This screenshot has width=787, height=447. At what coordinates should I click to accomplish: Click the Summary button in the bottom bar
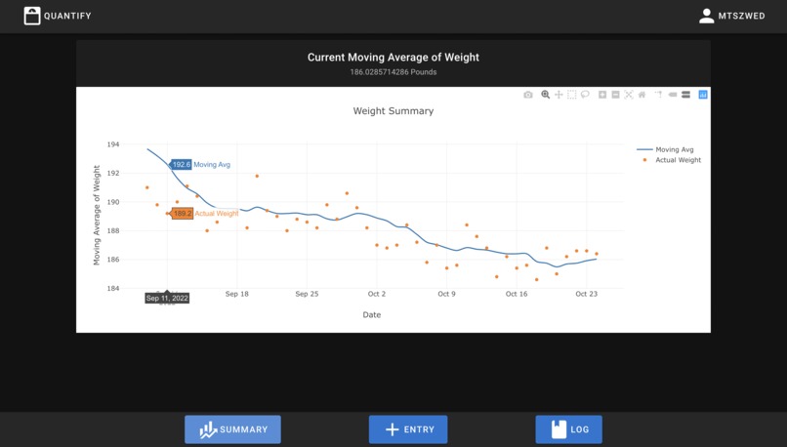(x=232, y=429)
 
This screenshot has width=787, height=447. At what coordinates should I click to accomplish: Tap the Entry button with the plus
(x=407, y=429)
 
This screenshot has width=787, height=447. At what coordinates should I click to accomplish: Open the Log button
(x=568, y=429)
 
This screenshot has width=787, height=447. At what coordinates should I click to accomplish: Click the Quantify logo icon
(x=32, y=16)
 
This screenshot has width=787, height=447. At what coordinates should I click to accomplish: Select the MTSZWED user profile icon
(x=707, y=16)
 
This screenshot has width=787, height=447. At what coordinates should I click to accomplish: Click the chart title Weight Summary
(x=393, y=111)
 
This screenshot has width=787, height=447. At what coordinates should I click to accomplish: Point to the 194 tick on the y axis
(x=113, y=144)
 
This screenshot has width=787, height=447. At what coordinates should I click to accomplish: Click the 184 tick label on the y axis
(x=113, y=289)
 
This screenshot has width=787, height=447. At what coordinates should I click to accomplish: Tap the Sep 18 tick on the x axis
(x=237, y=294)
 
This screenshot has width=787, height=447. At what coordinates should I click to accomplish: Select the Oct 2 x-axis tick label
(x=377, y=294)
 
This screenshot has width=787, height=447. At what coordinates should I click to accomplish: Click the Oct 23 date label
(x=586, y=294)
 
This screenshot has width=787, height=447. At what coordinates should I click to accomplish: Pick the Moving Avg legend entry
(x=674, y=149)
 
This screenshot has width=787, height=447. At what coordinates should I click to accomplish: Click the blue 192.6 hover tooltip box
(x=181, y=165)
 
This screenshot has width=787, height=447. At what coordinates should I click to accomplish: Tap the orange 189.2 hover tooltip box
(x=182, y=214)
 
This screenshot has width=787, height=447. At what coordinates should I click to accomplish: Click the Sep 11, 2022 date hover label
(x=167, y=299)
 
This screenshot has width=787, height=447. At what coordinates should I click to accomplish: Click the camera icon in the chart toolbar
(x=528, y=95)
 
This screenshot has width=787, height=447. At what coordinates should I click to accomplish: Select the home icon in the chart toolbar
(x=642, y=95)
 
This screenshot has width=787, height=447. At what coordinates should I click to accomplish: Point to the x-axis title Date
(x=372, y=315)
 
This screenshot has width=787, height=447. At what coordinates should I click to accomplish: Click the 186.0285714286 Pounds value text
(x=393, y=72)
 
